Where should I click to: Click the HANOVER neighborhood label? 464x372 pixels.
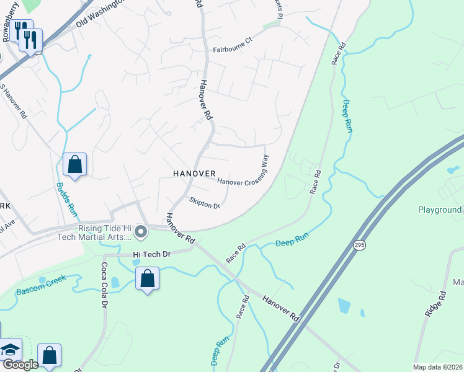(195, 174)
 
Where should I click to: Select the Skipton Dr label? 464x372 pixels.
(205, 204)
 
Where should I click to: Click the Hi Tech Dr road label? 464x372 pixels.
(151, 254)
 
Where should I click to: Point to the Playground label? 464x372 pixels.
(439, 210)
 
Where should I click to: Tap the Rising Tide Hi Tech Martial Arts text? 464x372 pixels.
(104, 232)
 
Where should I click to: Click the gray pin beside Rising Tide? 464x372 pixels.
(141, 232)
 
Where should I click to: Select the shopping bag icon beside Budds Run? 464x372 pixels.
(74, 166)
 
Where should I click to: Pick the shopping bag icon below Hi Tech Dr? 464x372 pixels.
(147, 279)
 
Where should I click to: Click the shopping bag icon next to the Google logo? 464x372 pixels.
(49, 356)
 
